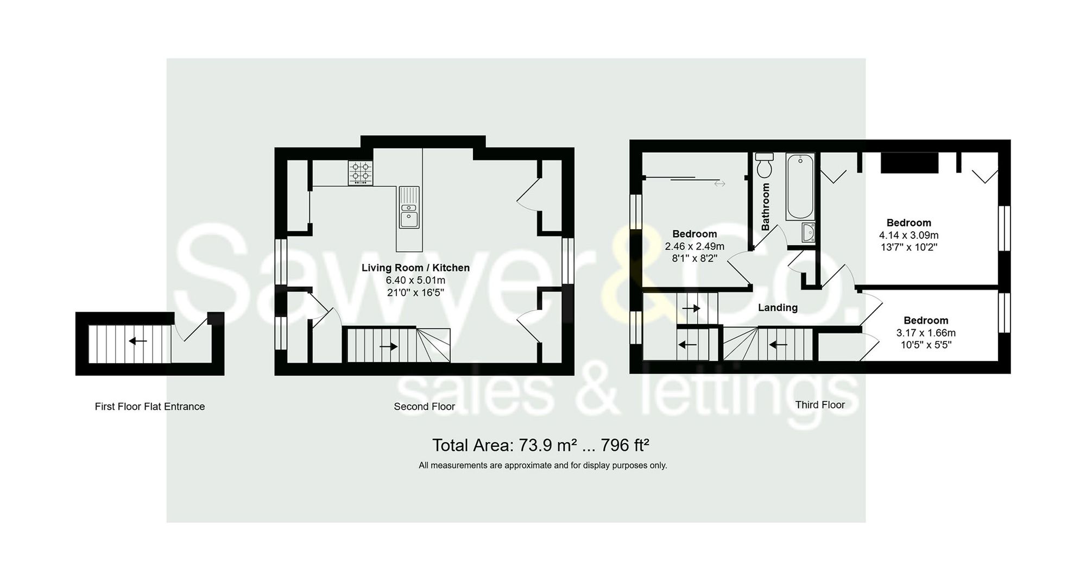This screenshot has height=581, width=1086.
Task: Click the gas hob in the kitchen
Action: (361, 172)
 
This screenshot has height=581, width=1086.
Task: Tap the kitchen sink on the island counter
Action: (409, 208)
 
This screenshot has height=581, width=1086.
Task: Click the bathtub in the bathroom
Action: (800, 186)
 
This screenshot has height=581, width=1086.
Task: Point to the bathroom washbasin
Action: (808, 232)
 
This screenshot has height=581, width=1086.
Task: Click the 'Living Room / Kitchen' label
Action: (415, 268)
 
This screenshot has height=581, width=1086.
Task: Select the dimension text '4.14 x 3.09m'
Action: (908, 235)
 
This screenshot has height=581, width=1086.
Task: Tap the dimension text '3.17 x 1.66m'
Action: (925, 333)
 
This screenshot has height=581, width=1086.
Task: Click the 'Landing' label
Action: (778, 307)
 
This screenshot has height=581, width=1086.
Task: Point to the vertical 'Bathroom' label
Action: (766, 207)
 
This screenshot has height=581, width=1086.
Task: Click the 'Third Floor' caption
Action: (820, 405)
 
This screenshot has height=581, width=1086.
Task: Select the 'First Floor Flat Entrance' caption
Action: (149, 406)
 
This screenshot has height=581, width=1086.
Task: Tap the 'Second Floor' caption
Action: (424, 406)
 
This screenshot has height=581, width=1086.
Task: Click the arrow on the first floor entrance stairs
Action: (137, 341)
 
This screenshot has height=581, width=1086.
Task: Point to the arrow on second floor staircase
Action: (388, 346)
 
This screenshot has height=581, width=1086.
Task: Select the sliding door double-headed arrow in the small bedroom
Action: (719, 184)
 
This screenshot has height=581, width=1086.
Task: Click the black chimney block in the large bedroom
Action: (909, 163)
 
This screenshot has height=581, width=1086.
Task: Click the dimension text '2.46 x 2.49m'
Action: (694, 247)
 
